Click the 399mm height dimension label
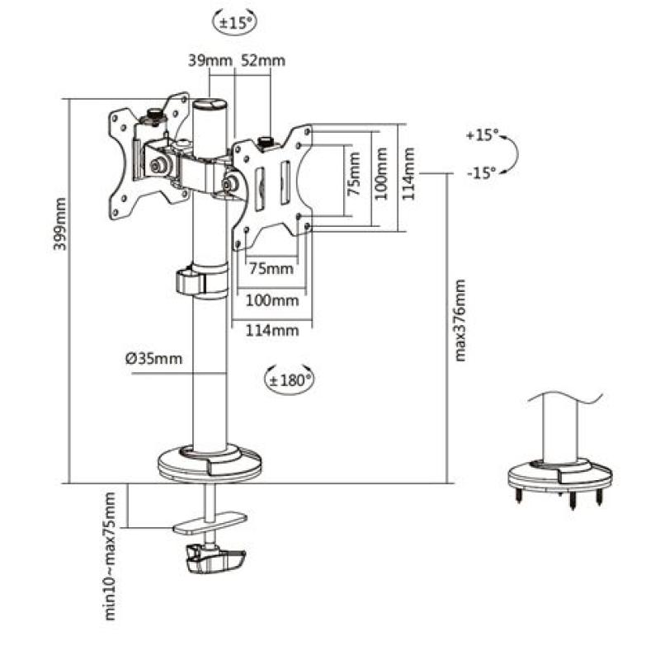(60, 235)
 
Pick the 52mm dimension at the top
(263, 60)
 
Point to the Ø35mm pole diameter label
(153, 358)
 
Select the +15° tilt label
(482, 134)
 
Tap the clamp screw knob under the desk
(214, 563)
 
